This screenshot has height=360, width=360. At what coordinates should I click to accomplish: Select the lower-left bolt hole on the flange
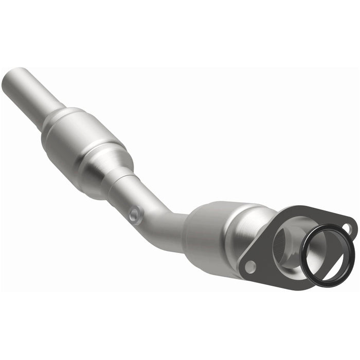coord(250,267)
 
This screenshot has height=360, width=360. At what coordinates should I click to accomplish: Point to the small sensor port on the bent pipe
coord(135,212)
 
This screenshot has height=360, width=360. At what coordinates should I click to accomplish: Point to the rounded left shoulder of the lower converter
coord(193,221)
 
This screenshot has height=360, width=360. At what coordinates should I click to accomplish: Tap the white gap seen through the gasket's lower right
coord(332,260)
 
